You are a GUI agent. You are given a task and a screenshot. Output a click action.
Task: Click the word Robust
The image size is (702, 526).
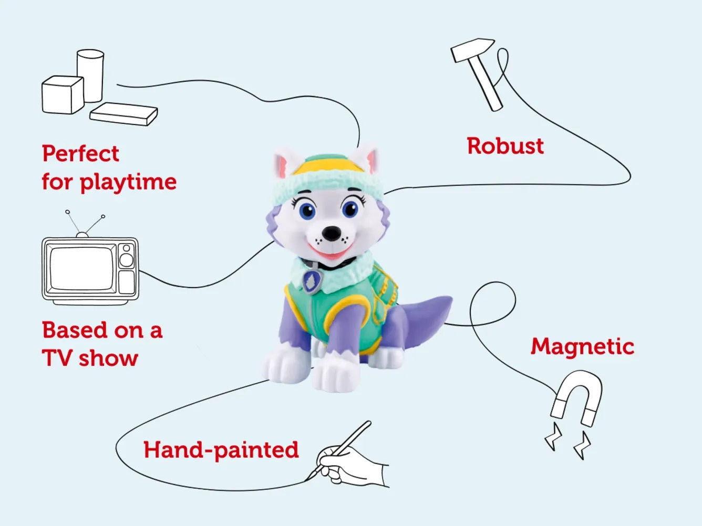click(x=505, y=146)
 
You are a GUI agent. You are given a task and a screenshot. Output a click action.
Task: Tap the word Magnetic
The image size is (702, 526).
click(x=582, y=347)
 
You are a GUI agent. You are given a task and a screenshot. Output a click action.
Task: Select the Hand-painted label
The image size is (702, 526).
click(x=221, y=450)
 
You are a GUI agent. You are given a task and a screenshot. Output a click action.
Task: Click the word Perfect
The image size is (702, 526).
click(x=80, y=154)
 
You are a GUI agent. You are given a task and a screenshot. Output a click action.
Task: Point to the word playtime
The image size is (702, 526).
click(x=128, y=182)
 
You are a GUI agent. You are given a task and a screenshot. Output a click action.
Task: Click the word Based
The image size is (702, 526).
click(x=75, y=330)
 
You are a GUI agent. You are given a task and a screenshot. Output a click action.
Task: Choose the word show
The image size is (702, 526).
click(x=108, y=358)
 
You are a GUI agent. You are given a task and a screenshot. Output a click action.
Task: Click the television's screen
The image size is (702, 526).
click(x=82, y=268)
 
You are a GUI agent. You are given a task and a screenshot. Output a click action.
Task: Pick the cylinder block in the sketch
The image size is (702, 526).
click(x=90, y=76)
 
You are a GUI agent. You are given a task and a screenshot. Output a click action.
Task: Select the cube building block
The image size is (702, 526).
click(x=63, y=95)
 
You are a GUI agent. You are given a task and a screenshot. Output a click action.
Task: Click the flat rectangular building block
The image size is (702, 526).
click(x=123, y=114)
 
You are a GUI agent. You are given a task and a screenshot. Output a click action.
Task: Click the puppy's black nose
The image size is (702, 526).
click(x=332, y=234)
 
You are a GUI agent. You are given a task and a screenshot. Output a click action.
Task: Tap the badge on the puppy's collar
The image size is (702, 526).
click(x=312, y=282)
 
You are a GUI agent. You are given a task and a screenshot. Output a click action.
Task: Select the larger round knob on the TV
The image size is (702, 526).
click(x=126, y=260)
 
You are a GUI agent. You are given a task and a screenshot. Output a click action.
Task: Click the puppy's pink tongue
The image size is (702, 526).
click(x=331, y=253)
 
